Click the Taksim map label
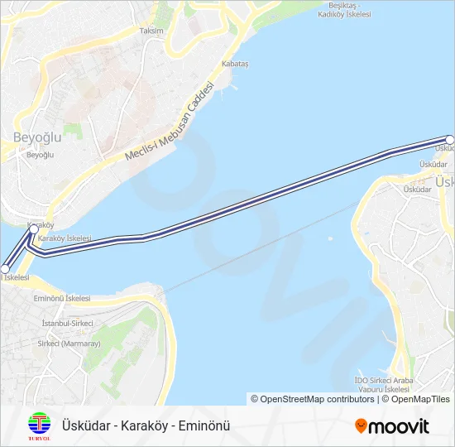coord(151,31)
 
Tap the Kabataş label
coord(235,64)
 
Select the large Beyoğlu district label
coord(37,137)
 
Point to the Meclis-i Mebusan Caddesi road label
coord(170,123)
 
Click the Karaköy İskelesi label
coord(65,238)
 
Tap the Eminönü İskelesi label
coord(61,298)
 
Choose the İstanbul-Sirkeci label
coord(68,323)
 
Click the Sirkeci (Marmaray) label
coord(69,344)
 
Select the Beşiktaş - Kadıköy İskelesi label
coord(346,10)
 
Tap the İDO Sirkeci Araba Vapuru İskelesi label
coord(382,384)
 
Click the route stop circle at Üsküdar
coord(450,139)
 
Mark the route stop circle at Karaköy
coord(34,229)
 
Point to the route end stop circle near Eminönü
coord(5,269)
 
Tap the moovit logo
coord(392,426)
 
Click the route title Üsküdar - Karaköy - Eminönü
coord(146,425)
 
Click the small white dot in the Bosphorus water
coord(329,240)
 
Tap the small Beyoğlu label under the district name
coord(40,155)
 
